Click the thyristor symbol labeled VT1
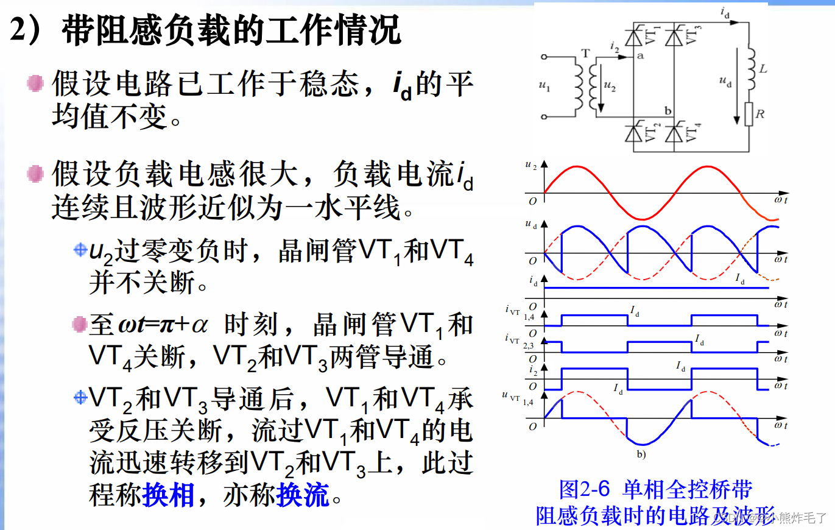click(x=633, y=38)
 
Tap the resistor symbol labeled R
click(x=749, y=114)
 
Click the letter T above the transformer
click(x=586, y=53)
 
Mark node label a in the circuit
click(x=639, y=55)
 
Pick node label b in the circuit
click(x=668, y=111)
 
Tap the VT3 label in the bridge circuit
click(x=694, y=34)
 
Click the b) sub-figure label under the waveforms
click(x=641, y=454)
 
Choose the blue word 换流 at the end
click(x=302, y=495)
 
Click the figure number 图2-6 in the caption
click(x=585, y=489)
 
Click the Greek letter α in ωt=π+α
click(x=199, y=324)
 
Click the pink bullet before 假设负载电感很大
click(x=36, y=174)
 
